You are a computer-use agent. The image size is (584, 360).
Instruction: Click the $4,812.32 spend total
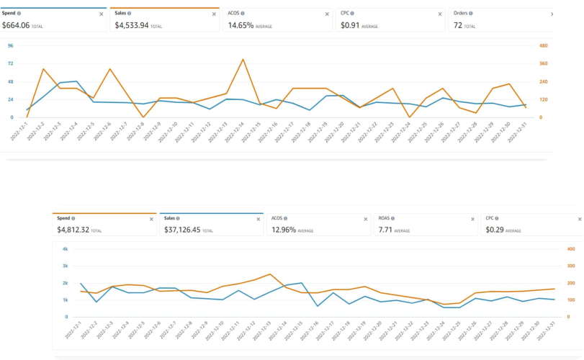point(78,230)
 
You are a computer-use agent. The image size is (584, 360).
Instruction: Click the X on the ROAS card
point(472,219)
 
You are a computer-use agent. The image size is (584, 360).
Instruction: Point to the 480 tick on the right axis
point(544,46)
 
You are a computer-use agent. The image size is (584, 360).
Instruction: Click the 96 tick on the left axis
point(11,46)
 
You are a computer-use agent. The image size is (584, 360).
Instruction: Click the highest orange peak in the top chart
point(243,59)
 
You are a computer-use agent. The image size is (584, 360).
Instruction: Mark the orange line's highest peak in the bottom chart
point(269,274)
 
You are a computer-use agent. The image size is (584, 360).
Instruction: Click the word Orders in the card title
point(461,13)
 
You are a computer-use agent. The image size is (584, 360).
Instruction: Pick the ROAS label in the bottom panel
point(385,218)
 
